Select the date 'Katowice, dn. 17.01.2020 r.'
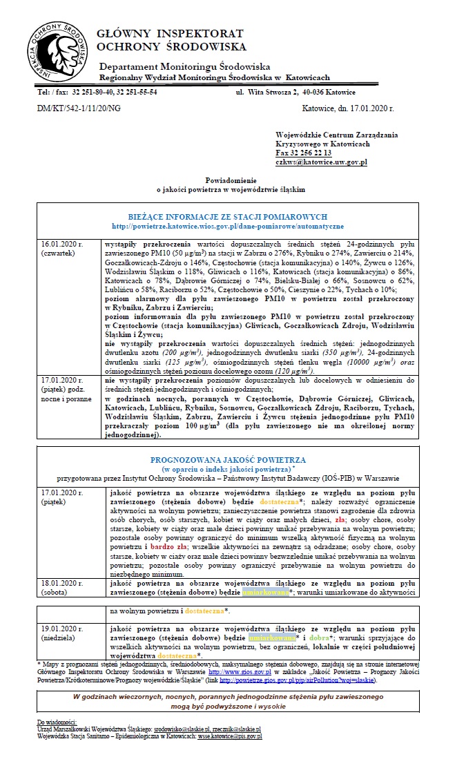[348, 108]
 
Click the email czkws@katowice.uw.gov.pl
[321, 162]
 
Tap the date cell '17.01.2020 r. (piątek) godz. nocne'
[66, 389]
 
